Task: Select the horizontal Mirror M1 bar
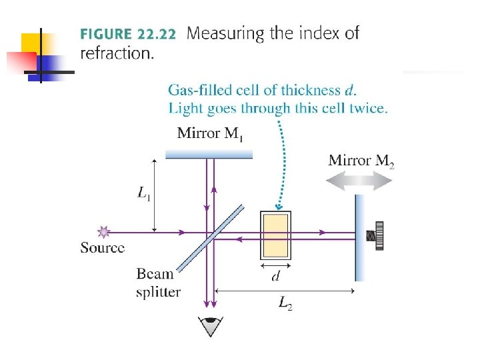click(209, 154)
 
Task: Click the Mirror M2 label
click(361, 161)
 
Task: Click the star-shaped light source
click(103, 232)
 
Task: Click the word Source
click(102, 248)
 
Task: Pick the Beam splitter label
click(158, 283)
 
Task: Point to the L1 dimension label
click(143, 193)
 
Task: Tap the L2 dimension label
click(285, 305)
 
